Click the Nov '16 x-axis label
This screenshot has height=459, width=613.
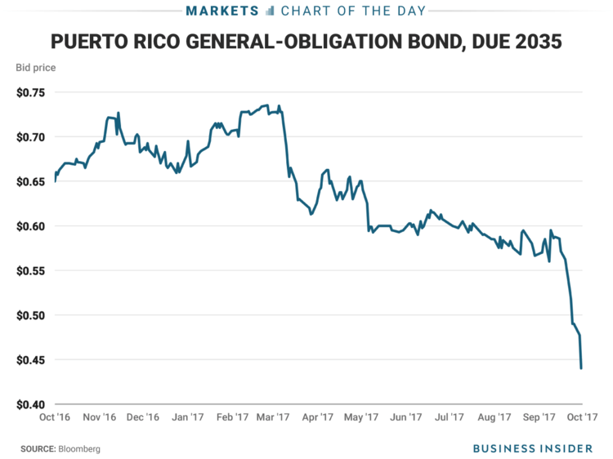[100, 417]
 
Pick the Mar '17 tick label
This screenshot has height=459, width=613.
[274, 417]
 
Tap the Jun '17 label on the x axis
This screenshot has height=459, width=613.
[406, 417]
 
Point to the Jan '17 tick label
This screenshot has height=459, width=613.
[187, 417]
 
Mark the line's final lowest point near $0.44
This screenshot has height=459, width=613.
[581, 368]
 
